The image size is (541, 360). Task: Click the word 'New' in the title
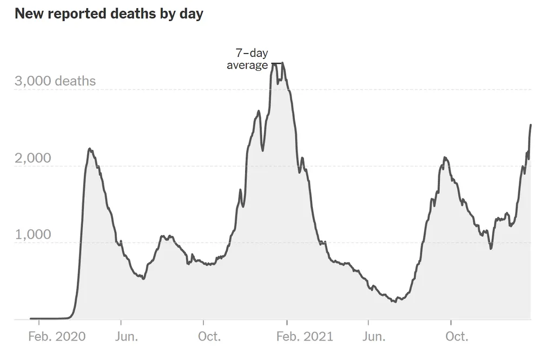click(27, 14)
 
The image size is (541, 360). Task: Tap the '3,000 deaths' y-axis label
click(55, 81)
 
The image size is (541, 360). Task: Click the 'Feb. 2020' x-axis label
click(57, 337)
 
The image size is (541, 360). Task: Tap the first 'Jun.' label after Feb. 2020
click(127, 337)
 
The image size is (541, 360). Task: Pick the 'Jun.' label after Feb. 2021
click(374, 337)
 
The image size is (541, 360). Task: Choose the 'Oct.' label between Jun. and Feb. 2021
click(209, 337)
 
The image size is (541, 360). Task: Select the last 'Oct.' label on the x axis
click(457, 337)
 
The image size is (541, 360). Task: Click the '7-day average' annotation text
click(247, 60)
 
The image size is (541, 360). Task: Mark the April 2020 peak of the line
click(90, 149)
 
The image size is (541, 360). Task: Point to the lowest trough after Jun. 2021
click(395, 302)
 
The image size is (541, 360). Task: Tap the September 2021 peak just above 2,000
click(444, 158)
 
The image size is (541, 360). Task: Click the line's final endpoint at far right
click(531, 125)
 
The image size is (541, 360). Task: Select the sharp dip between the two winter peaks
click(263, 150)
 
